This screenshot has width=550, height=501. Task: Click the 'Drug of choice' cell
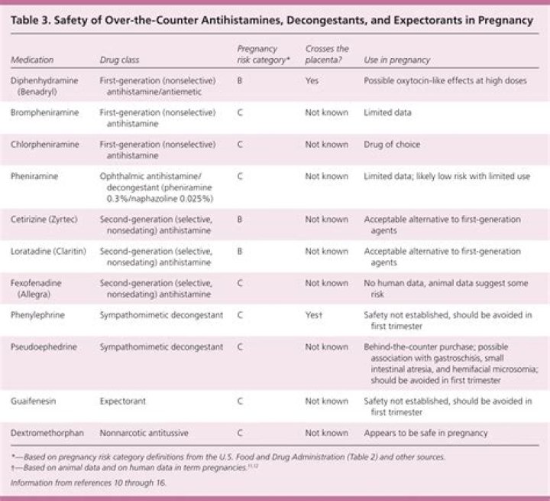[x=392, y=143]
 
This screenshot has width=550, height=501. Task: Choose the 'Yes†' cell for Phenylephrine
[x=314, y=314]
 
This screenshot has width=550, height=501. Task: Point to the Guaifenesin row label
[x=34, y=400]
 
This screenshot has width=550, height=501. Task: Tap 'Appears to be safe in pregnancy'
[x=425, y=432]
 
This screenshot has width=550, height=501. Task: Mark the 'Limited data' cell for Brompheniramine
[x=388, y=112]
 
